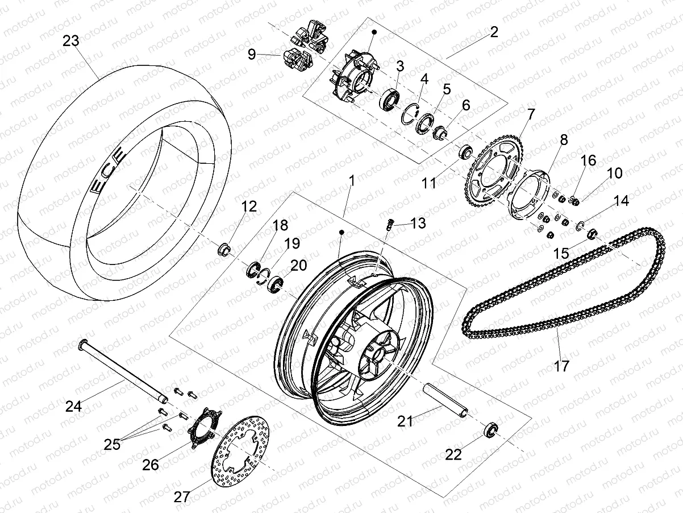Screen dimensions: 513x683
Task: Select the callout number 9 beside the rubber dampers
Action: [252, 55]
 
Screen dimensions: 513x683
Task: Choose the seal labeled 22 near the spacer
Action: [490, 428]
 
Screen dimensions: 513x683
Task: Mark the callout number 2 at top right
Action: [493, 31]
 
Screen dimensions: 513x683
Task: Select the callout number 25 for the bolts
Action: [112, 444]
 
